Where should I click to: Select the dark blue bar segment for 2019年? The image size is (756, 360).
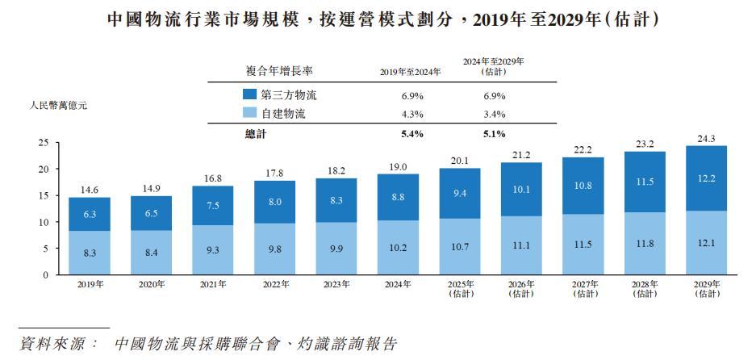89,214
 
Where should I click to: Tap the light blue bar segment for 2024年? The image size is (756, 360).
398,248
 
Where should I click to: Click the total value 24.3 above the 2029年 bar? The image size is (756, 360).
706,138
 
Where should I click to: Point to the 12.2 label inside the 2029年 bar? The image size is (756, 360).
706,178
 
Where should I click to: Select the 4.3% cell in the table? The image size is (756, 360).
413,115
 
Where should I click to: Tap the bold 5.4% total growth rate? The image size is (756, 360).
413,134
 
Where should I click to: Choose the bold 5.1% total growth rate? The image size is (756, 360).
494,134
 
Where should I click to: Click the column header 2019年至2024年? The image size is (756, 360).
411,72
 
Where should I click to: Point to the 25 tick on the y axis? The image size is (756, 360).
44,143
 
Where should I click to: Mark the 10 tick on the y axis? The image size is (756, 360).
44,222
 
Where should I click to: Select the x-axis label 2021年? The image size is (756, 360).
213,284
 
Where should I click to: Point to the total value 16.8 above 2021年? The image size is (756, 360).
212,178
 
